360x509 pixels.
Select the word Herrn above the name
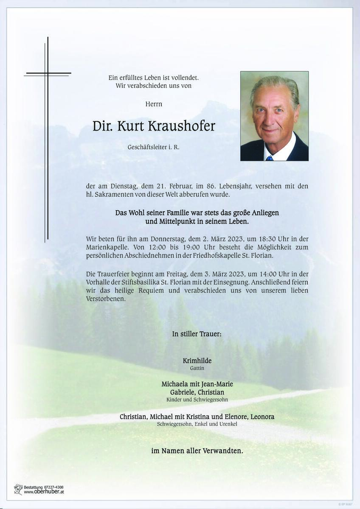coord(154,104)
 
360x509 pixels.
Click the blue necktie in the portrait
coord(269,158)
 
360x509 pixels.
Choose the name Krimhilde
coord(197,361)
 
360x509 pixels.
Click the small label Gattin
coord(197,369)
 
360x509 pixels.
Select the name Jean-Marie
coord(217,384)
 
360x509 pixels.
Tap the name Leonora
coord(262,417)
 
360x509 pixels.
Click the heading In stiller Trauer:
coord(197,334)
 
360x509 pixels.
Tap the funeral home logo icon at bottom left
coord(18,489)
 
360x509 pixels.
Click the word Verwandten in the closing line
coord(222,451)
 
